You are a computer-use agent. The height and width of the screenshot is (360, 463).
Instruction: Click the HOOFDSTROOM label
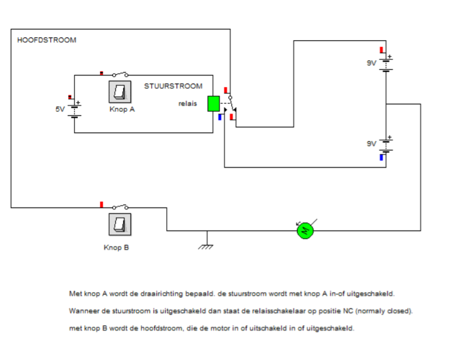point(47,40)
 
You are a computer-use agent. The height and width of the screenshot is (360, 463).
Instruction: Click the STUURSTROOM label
point(173,86)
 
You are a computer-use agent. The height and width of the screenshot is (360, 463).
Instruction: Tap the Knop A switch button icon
point(120,91)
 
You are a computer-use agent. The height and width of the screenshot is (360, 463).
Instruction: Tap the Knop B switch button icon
point(120,223)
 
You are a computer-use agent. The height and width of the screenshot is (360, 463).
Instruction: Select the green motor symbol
point(304,230)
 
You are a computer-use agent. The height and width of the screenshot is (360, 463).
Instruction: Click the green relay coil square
point(213,104)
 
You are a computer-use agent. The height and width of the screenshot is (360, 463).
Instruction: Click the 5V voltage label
point(60,109)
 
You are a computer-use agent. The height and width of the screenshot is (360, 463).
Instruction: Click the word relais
point(188,104)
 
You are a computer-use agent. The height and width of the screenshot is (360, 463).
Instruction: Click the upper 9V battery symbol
point(386,63)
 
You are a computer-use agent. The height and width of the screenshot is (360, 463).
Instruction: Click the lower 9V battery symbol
point(386,144)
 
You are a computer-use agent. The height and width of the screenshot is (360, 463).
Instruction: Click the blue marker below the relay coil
point(220,116)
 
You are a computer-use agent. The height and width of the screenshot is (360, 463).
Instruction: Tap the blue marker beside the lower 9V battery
point(381,156)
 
